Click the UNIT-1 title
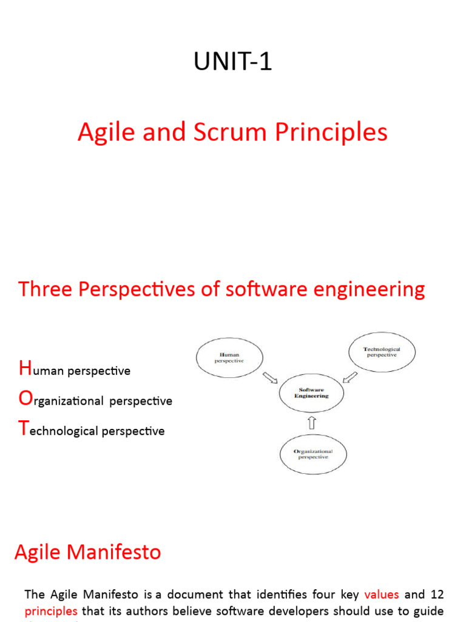coord(232,62)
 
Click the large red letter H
coord(25,368)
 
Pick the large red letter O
coord(25,399)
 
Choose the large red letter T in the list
coord(24,429)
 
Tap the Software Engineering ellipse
coord(311,393)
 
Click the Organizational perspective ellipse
coord(313,454)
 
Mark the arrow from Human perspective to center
coord(269,378)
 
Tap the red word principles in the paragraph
coord(51,611)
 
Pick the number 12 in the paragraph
coord(436,595)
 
